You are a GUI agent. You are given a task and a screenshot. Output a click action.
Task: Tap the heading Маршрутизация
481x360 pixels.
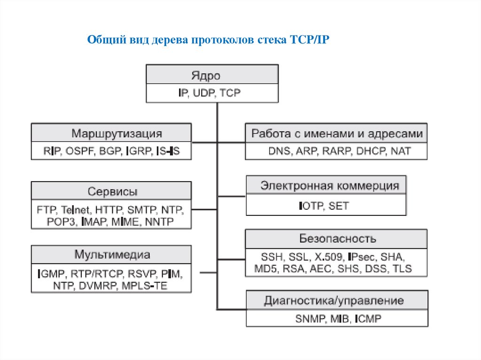(116, 133)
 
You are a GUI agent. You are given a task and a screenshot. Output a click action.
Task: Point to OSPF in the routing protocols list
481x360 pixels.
(80, 152)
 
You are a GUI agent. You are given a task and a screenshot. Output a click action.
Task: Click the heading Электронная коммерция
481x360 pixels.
(330, 185)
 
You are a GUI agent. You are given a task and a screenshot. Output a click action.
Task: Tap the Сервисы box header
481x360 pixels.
(112, 191)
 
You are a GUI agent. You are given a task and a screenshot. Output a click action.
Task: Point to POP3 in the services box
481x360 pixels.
(62, 222)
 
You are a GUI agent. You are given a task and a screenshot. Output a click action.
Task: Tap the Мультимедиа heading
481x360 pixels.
(112, 255)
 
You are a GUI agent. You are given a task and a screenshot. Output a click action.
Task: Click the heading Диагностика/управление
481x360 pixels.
(334, 300)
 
